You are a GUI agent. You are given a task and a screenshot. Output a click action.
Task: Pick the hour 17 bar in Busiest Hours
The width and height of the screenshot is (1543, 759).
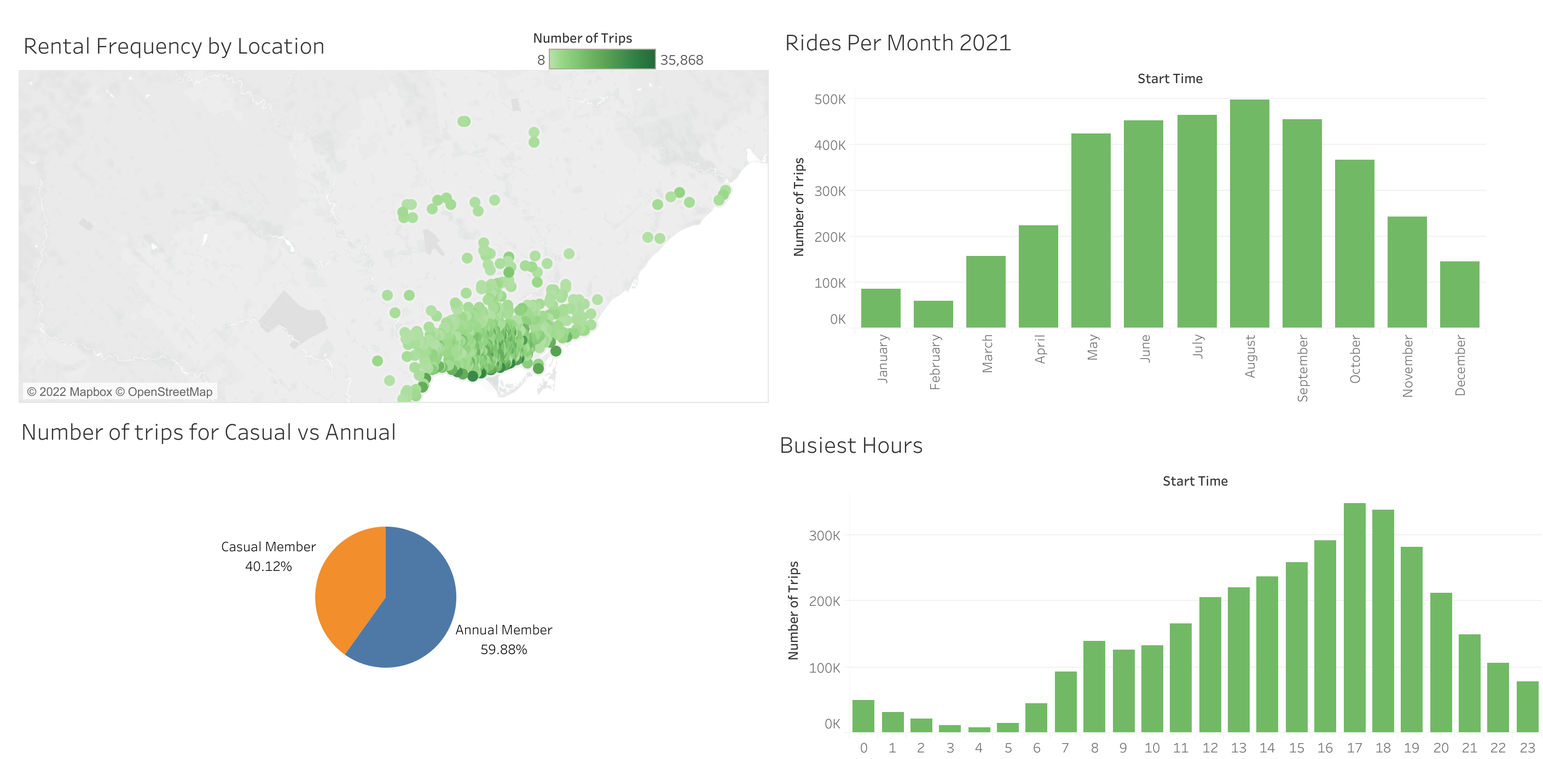[x=1354, y=616]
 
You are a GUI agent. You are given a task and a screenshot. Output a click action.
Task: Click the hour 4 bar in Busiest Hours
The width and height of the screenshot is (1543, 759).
[x=979, y=729]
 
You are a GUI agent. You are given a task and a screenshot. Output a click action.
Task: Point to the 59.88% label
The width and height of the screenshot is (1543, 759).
[x=503, y=650]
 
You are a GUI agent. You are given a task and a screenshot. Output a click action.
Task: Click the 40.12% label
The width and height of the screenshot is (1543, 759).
[x=268, y=567]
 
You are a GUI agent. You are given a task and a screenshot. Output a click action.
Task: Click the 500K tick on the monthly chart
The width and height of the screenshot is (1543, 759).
[x=829, y=100]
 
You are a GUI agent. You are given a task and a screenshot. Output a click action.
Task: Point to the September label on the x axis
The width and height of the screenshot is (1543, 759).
[x=1302, y=367]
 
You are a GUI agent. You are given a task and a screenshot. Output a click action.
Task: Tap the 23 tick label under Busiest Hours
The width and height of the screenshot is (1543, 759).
[x=1527, y=748]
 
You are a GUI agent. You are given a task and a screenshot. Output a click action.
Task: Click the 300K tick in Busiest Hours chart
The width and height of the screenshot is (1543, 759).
[x=824, y=536]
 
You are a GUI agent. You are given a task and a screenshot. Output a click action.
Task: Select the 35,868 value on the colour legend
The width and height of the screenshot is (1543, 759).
[x=681, y=60]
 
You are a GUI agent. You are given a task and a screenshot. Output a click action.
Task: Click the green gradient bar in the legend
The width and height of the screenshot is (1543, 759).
[x=601, y=59]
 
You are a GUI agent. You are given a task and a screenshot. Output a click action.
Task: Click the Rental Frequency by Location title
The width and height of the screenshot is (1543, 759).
[x=173, y=46]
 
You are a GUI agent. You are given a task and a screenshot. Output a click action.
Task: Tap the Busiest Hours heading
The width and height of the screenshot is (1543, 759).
[x=851, y=445]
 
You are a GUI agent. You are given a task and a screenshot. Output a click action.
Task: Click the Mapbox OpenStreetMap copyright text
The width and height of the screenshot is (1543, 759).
[x=120, y=392]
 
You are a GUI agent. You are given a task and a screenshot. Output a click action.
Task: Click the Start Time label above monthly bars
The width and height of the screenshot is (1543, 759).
[x=1169, y=78]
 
